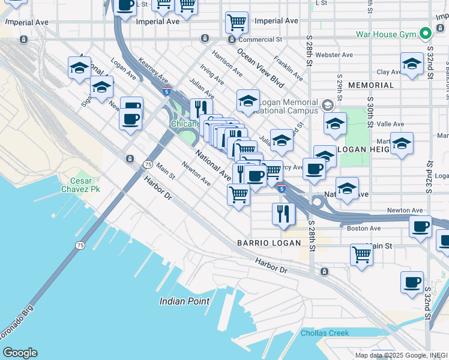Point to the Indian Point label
click(184, 301)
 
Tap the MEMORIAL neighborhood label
click(370, 85)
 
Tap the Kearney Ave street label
click(152, 70)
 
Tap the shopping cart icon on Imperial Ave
click(237, 22)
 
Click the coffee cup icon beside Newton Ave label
click(421, 226)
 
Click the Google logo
click(20, 353)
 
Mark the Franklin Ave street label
click(288, 68)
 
